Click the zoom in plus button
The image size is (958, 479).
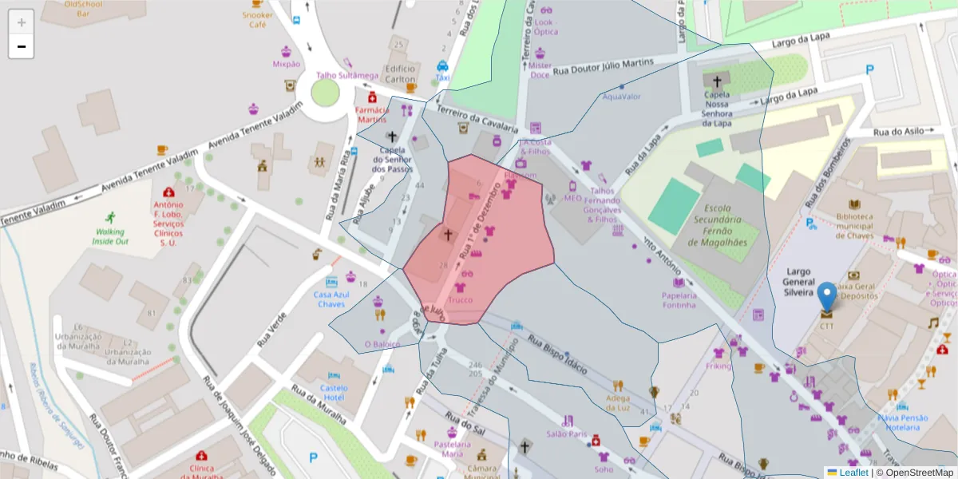(x=22, y=22)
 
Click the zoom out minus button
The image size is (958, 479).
(x=22, y=46)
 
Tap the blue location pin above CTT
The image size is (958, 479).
(x=827, y=296)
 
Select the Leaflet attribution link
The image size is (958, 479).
(x=853, y=473)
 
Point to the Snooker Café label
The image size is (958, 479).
(x=258, y=20)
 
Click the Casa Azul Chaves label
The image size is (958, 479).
(x=331, y=299)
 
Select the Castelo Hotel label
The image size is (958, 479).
(x=333, y=392)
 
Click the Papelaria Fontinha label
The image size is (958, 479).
(x=679, y=299)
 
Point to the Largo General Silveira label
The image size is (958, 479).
(x=798, y=283)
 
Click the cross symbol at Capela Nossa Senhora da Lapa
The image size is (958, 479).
(x=717, y=81)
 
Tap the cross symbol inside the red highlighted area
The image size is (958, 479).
(x=448, y=235)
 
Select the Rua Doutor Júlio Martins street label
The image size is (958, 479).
(x=604, y=65)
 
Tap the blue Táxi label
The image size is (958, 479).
(x=442, y=77)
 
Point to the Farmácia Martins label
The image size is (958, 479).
(x=371, y=115)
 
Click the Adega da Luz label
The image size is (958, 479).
(x=618, y=402)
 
